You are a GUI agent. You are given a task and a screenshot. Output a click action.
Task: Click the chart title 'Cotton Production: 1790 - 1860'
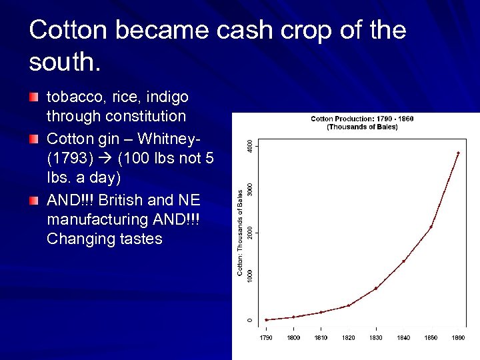pyautogui.click(x=362, y=119)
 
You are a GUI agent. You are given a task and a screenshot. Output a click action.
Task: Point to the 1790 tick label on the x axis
pyautogui.click(x=266, y=338)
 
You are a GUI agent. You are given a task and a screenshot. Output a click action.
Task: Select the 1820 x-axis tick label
pyautogui.click(x=349, y=338)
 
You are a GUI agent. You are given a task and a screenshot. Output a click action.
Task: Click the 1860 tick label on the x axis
pyautogui.click(x=458, y=338)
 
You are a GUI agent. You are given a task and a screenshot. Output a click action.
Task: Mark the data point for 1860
pyautogui.click(x=458, y=153)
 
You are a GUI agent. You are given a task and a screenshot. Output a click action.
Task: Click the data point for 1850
pyautogui.click(x=431, y=227)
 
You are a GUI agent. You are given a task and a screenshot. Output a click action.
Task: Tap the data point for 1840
pyautogui.click(x=403, y=261)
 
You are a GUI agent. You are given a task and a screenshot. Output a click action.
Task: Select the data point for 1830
pyautogui.click(x=376, y=288)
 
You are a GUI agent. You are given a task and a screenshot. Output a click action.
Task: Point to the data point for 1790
pyautogui.click(x=266, y=320)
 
